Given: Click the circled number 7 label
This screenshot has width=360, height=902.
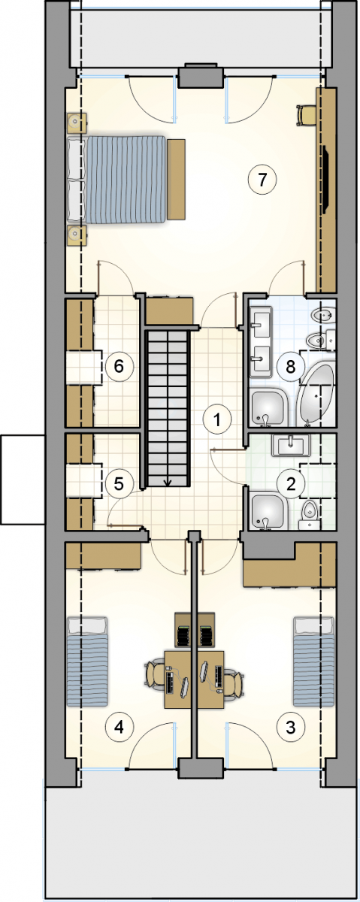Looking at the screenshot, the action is [x=262, y=180].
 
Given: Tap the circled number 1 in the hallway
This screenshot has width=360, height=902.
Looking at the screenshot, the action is [x=217, y=420].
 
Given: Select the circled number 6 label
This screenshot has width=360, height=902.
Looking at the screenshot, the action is [x=119, y=367].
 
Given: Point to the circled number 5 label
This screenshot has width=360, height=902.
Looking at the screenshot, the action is [x=119, y=483].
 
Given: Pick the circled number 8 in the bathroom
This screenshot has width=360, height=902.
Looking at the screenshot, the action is [x=290, y=367].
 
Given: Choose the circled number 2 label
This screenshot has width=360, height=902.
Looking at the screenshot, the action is [x=290, y=483].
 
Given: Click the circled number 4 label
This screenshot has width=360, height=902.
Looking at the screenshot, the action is [x=119, y=727].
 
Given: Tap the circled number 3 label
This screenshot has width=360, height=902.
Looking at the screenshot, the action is [x=290, y=727].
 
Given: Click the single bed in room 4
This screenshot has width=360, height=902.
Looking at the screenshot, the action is [x=87, y=661].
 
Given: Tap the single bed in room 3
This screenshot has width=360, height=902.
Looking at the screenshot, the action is [x=313, y=661].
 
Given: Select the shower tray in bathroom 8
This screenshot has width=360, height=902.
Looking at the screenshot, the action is [x=268, y=407].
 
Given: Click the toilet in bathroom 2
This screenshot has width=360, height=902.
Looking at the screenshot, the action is [x=310, y=515].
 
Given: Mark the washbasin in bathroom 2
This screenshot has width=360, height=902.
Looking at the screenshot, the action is [x=291, y=445].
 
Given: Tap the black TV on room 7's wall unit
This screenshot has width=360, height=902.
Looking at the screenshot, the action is [x=325, y=179].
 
